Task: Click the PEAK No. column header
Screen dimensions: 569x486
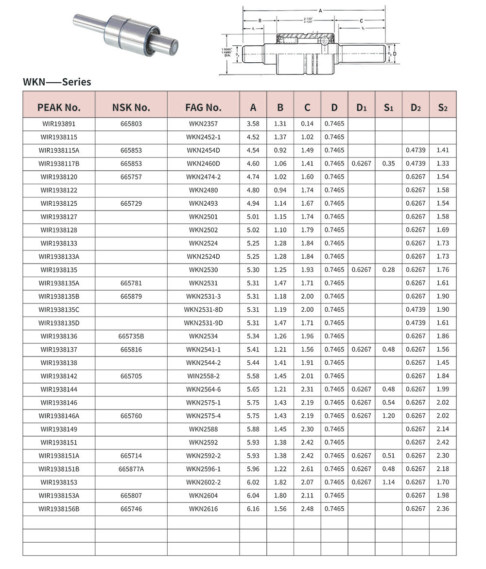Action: click(59, 107)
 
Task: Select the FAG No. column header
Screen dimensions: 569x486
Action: click(203, 107)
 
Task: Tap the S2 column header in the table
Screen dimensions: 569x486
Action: click(442, 107)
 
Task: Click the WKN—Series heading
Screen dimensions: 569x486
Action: click(57, 82)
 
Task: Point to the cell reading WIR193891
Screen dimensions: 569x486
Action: click(59, 124)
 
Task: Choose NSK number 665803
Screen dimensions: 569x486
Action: click(131, 124)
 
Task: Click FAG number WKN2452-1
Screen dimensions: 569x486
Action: click(203, 137)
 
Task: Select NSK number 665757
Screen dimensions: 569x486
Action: click(131, 177)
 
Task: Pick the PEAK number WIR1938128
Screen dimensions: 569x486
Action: click(59, 230)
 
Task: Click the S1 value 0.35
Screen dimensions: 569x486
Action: click(388, 164)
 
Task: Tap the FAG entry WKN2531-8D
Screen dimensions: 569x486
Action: click(203, 310)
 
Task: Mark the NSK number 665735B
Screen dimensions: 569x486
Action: click(131, 336)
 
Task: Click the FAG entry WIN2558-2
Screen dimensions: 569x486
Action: click(203, 376)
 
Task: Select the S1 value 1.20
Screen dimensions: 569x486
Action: click(388, 416)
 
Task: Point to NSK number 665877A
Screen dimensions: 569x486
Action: click(131, 469)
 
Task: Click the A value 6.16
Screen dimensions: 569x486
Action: click(253, 509)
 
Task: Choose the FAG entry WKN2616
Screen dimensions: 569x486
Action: click(203, 509)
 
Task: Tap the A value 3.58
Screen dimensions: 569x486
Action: click(253, 124)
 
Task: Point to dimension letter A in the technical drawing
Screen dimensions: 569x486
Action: click(320, 10)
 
